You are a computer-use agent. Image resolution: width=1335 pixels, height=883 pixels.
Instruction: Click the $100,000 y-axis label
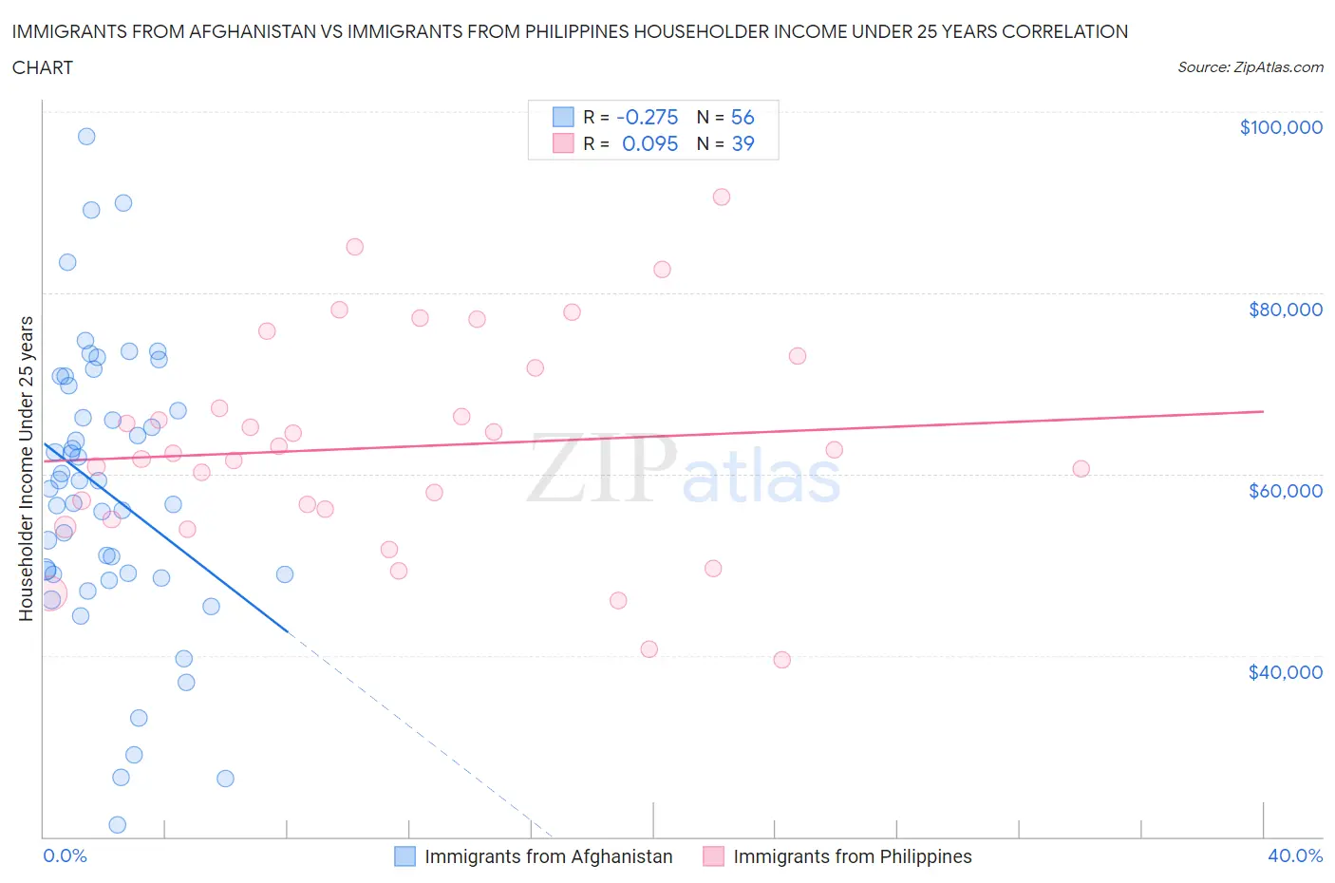click(1280, 127)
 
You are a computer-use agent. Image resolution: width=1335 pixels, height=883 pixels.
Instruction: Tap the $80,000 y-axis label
click(1285, 310)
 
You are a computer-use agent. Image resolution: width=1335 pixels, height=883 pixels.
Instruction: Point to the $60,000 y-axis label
click(1285, 491)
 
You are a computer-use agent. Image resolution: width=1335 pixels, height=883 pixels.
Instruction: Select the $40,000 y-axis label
click(1285, 672)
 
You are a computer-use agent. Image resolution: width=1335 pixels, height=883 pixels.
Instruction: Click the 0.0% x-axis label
click(65, 855)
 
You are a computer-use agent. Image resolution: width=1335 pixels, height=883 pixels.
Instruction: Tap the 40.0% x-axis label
click(1295, 855)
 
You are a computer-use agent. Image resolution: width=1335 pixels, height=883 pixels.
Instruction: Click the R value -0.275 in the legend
click(647, 117)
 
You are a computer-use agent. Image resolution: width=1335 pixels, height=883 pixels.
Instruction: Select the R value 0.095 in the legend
click(649, 143)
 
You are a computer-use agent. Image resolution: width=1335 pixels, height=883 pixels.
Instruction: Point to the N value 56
click(743, 117)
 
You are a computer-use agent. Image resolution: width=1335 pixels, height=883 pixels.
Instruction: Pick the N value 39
click(743, 143)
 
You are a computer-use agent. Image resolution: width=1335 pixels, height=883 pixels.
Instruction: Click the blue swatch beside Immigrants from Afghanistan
click(405, 856)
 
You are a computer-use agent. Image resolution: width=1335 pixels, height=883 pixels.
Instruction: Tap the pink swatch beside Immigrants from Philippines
click(713, 856)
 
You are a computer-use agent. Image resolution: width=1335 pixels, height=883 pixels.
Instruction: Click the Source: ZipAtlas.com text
click(1250, 67)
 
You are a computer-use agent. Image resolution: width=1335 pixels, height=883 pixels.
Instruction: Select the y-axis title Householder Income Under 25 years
click(26, 468)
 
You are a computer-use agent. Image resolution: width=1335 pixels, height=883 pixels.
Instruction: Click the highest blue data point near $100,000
click(86, 136)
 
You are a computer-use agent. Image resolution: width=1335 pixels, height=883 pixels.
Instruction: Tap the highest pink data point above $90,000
click(722, 197)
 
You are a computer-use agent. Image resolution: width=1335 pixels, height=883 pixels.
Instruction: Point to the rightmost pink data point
click(1081, 468)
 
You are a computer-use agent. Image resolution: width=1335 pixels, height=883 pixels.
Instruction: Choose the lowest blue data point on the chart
click(118, 824)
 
